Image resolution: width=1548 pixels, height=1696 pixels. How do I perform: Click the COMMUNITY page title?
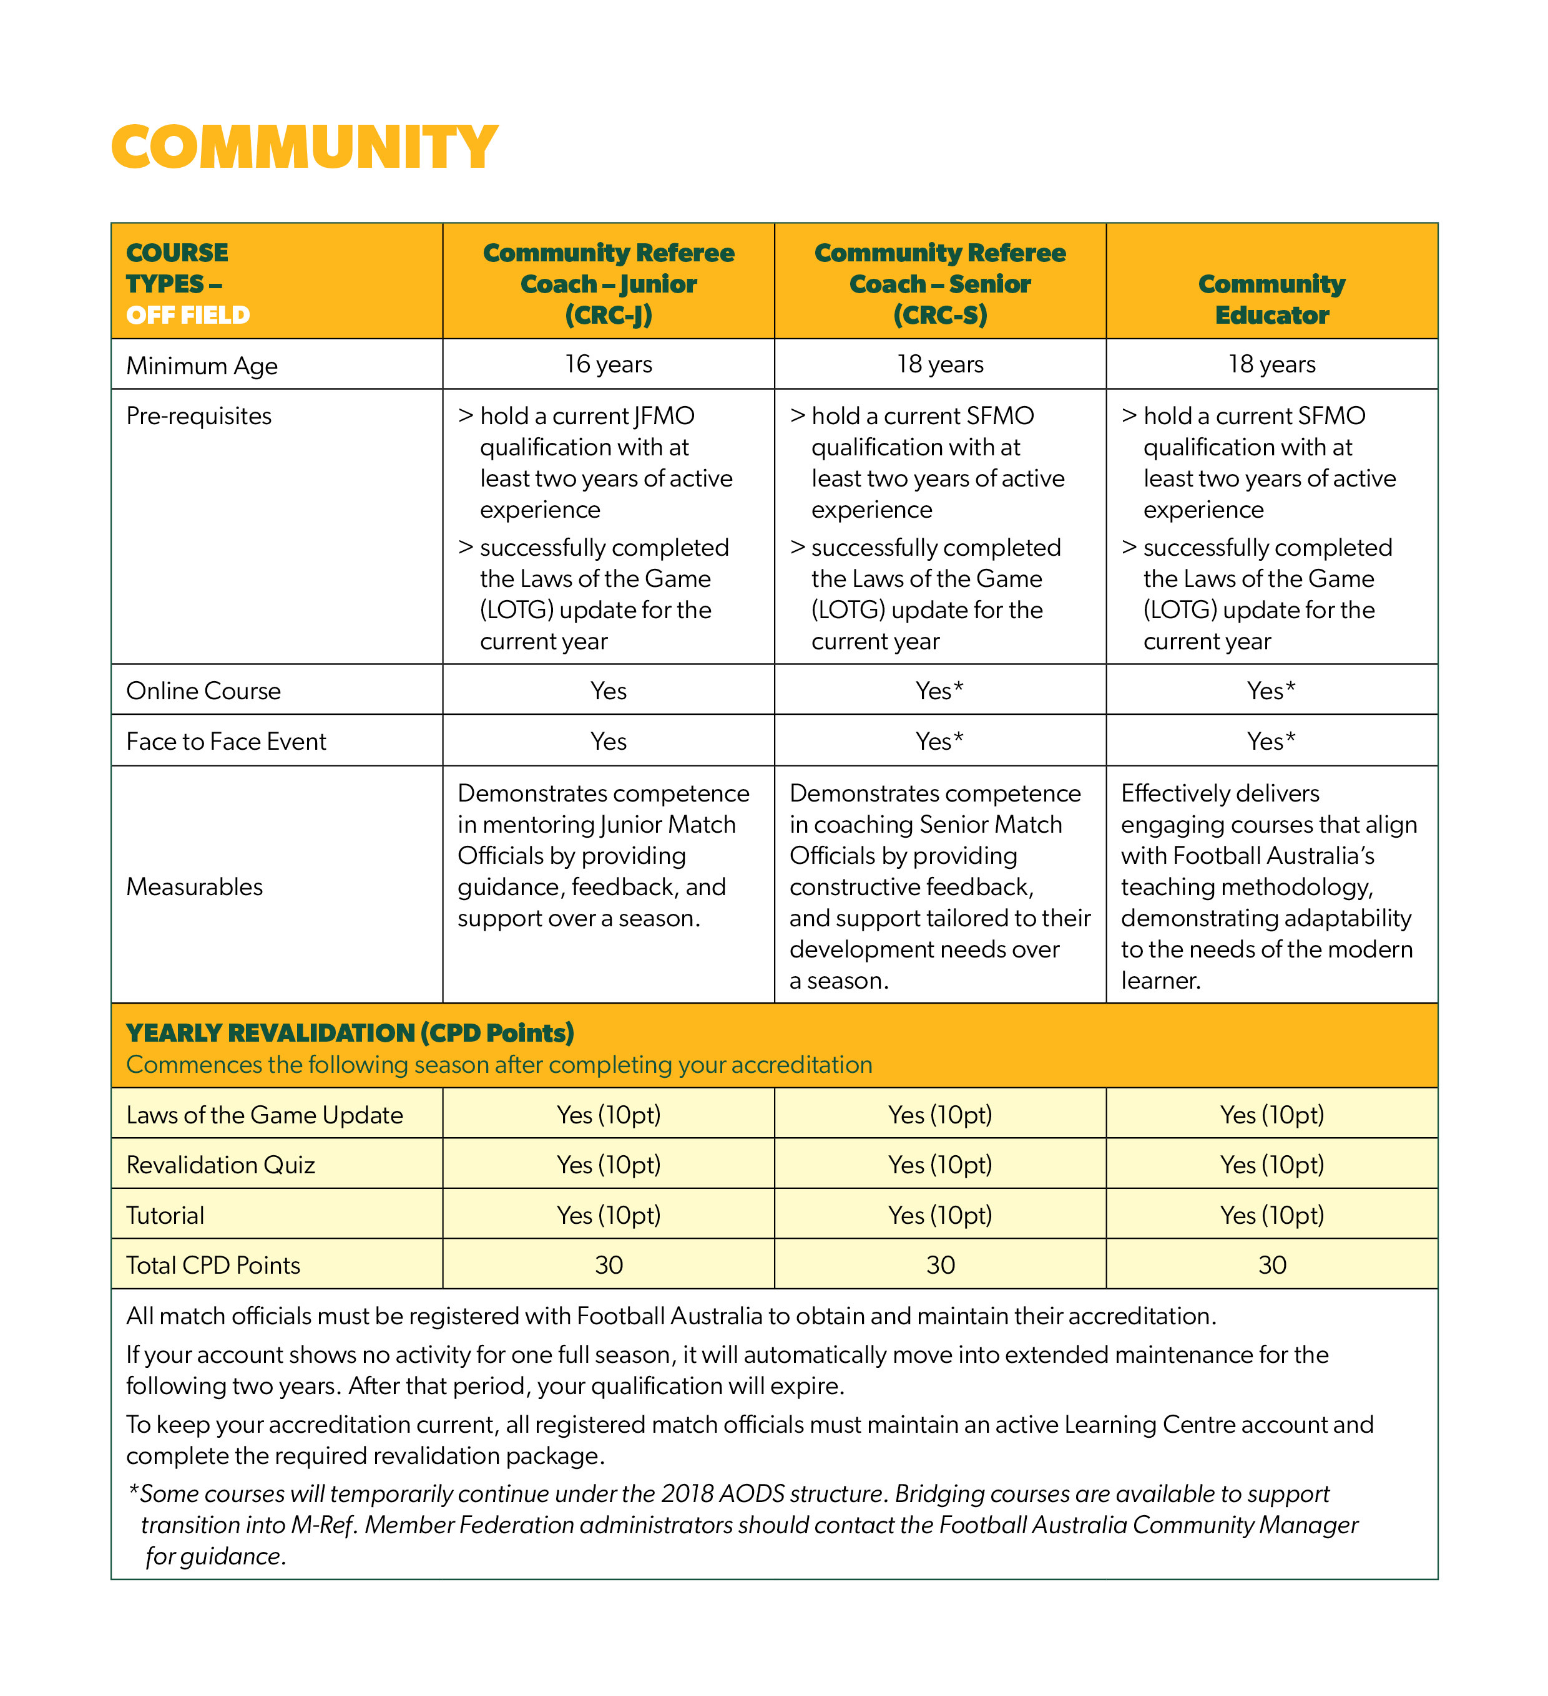304,147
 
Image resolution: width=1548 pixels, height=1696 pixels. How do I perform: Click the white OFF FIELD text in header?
188,316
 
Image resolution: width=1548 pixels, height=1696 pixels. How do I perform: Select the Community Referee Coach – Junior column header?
608,284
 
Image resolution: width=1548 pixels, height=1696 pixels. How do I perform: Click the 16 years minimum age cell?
608,364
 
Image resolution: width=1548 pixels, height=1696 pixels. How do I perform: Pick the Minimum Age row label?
202,366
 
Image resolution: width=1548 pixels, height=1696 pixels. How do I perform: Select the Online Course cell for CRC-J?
608,691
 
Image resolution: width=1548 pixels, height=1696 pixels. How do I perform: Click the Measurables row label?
195,887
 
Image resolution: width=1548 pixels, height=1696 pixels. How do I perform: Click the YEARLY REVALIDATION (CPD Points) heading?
350,1032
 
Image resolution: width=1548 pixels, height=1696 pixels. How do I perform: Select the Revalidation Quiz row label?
220,1165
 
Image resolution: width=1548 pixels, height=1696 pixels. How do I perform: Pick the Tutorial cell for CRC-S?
939,1216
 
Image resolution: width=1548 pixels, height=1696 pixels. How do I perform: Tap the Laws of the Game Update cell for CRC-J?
608,1115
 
